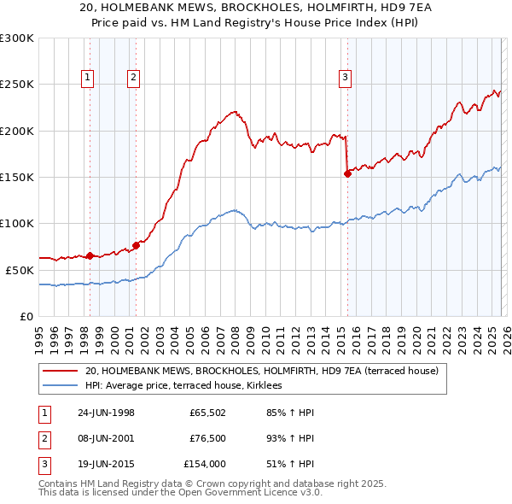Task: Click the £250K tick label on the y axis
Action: pos(17,85)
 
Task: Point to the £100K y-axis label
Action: pos(17,223)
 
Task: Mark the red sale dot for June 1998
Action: pos(90,255)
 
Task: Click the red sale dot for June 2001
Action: pos(136,245)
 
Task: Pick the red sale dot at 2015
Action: pos(347,173)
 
